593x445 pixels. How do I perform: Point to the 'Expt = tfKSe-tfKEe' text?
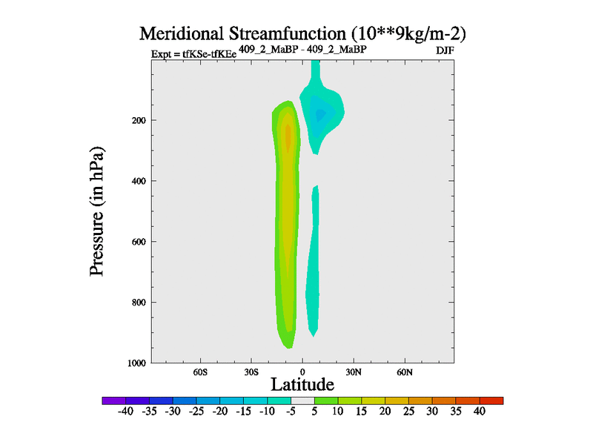tap(193, 53)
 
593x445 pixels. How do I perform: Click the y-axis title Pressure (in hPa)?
tap(96, 211)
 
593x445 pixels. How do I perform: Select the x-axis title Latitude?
tap(302, 384)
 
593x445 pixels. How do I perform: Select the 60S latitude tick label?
tap(200, 371)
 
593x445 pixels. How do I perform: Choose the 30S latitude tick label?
tap(251, 371)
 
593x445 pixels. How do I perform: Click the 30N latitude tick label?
tap(354, 371)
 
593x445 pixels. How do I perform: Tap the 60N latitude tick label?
tap(405, 371)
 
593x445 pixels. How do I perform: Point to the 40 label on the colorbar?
tap(479, 412)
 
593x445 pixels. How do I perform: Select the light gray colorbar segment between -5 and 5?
tap(302, 400)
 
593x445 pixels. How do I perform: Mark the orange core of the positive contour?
tap(288, 137)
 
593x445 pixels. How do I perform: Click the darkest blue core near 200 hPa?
tap(320, 115)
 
